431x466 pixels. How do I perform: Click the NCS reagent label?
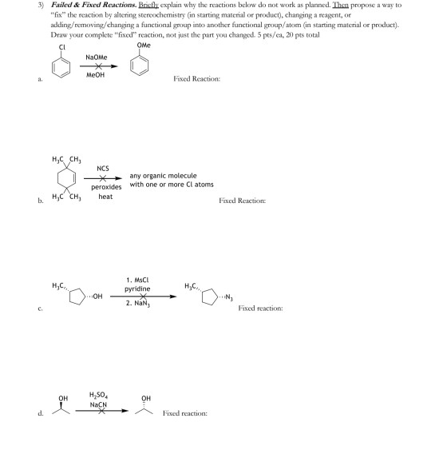(103, 169)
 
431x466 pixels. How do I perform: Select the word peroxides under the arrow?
(105, 187)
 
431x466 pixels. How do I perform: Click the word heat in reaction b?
(105, 197)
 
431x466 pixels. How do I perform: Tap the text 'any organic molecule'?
(164, 176)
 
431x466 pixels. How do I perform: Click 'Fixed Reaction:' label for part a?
(196, 78)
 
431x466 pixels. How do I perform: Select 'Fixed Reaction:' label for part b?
(243, 200)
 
